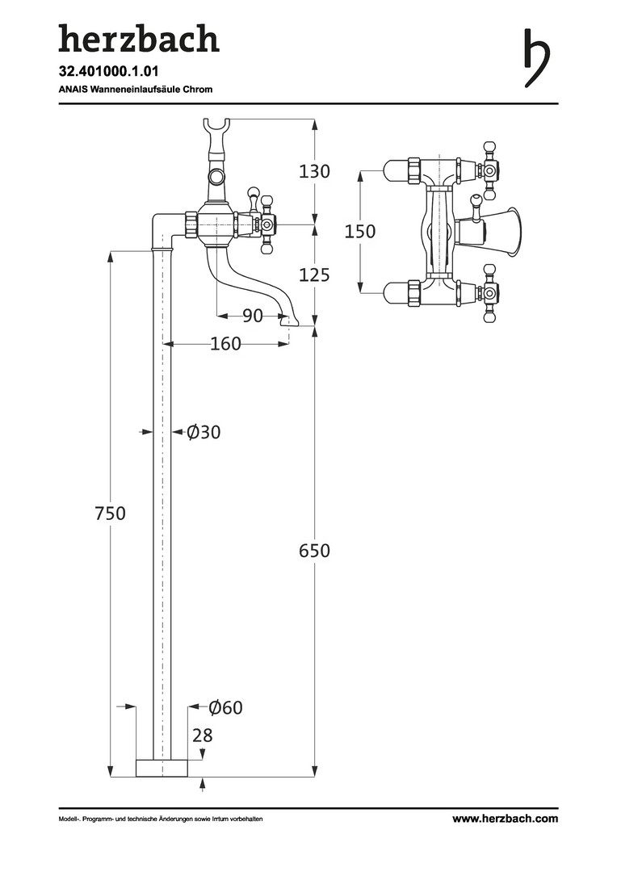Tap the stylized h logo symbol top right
tap(537, 57)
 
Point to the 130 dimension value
tap(314, 171)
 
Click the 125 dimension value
tap(314, 275)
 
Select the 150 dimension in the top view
tap(360, 231)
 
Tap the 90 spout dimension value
tap(252, 316)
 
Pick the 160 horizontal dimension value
tap(225, 344)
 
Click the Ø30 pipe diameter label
tap(203, 431)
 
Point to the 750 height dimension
tap(110, 513)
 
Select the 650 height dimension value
tap(314, 551)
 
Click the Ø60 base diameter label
tap(225, 707)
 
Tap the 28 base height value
tap(203, 736)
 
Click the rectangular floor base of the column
tap(162, 768)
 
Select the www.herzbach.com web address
tap(505, 819)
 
